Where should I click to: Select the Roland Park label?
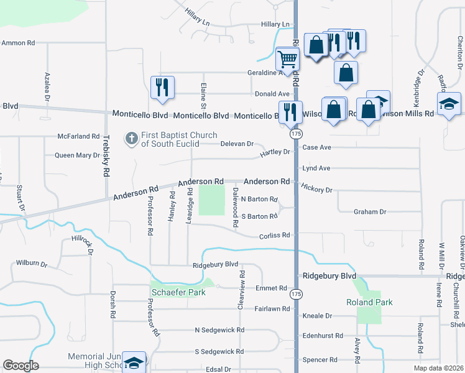click(369, 303)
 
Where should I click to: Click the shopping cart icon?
click(287, 60)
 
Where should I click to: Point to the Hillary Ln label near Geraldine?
click(275, 24)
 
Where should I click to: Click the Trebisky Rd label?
click(106, 155)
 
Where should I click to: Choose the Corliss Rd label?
click(274, 236)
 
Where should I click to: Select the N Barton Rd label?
click(259, 199)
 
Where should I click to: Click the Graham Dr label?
click(370, 212)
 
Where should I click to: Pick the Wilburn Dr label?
click(32, 263)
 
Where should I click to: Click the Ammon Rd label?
click(18, 43)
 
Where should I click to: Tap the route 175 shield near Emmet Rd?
click(296, 293)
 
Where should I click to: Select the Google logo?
click(21, 366)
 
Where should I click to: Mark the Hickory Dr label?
click(316, 188)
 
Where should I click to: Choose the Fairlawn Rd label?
click(272, 308)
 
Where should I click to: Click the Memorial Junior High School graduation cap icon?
click(133, 362)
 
